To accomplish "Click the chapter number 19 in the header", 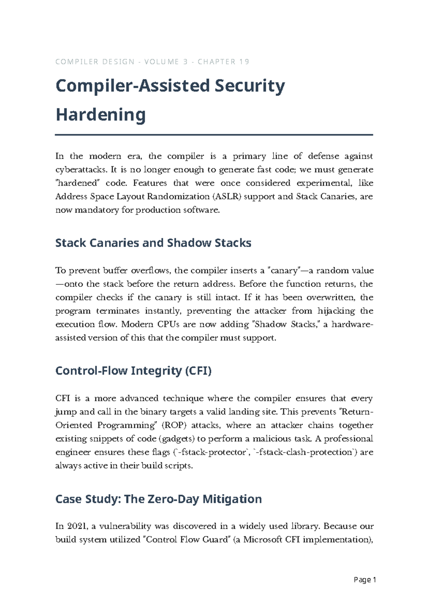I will tap(244, 62).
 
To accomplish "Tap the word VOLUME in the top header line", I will tap(161, 62).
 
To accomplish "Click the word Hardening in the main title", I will tap(101, 115).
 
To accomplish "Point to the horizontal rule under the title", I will tap(214, 135).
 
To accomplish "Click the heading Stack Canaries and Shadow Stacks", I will tap(153, 243).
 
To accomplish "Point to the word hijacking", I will tap(336, 311).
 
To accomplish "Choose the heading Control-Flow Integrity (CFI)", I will tap(133, 371).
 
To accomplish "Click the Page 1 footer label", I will tap(365, 580).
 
